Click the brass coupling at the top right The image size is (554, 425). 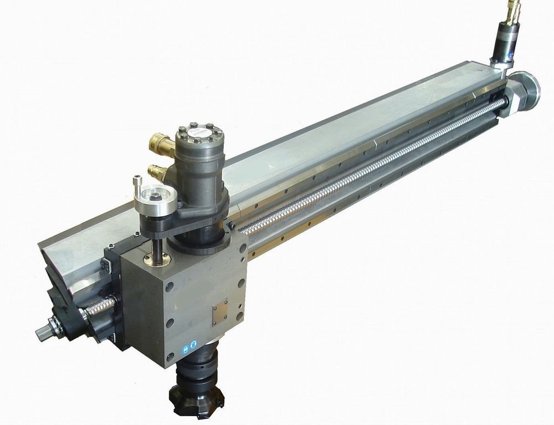(511, 11)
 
